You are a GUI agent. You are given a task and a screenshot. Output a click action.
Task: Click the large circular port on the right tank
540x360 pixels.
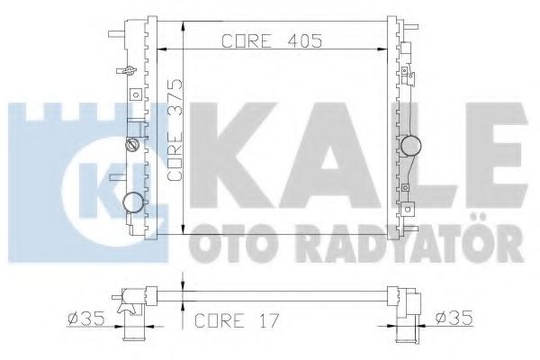point(413,145)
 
